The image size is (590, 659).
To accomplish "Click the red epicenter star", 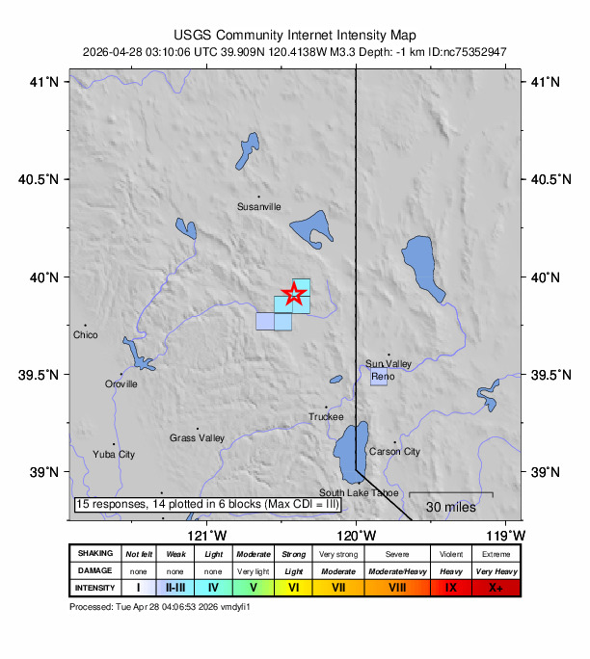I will pos(295,295).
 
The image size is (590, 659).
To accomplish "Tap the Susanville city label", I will pos(259,206).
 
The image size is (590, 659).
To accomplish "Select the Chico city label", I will pos(86,335).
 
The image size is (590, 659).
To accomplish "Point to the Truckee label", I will pos(326,417).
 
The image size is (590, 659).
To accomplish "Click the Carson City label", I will pos(394,451).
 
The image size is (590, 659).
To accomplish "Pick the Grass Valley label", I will pos(197,438).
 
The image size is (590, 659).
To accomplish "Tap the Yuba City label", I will pos(114,454).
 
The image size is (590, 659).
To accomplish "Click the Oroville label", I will pos(121,383).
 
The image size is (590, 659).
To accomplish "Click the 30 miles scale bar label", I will pos(449,507).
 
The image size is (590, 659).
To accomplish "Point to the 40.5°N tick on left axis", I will pos(42,179).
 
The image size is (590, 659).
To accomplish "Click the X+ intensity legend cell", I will pos(496,587).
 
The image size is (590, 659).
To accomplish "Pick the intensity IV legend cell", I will pos(214,587).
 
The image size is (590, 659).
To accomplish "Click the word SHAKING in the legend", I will pos(94,554).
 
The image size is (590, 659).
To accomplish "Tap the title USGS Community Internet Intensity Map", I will pos(295,33).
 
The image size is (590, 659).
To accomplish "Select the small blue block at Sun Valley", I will pos(379,377).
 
